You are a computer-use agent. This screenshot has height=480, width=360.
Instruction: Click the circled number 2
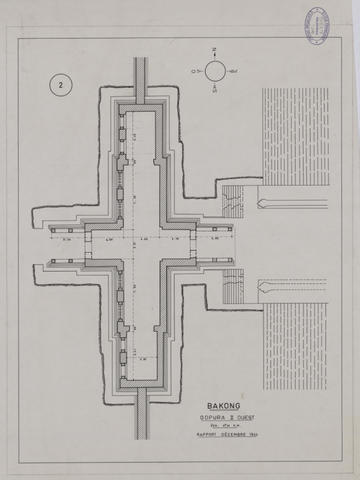[61, 86]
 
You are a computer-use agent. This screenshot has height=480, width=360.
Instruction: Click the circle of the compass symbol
[214, 70]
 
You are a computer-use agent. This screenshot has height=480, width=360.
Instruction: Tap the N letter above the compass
[214, 49]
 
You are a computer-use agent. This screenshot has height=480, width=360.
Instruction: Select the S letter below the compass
[214, 91]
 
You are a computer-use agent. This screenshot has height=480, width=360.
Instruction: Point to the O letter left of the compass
[196, 70]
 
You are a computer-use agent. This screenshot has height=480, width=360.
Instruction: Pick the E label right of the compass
[234, 70]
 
